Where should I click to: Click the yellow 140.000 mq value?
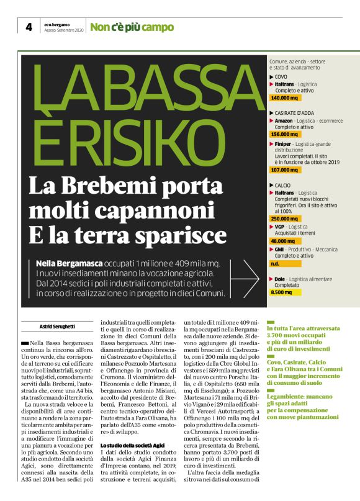point(286,98)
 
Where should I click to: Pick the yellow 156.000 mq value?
point(286,135)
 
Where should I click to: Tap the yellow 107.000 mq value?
point(286,169)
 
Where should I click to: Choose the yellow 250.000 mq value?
point(286,219)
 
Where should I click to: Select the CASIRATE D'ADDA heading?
point(292,112)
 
